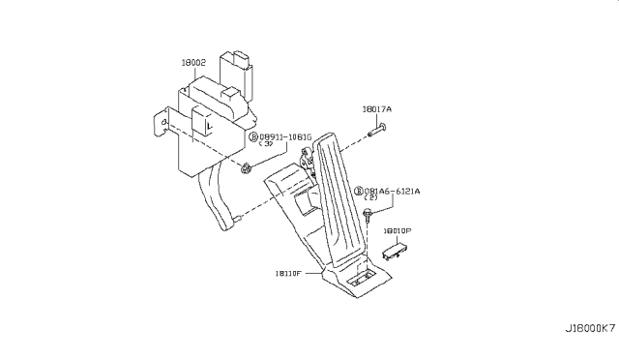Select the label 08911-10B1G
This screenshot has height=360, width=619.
point(285,137)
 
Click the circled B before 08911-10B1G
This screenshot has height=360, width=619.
point(254,137)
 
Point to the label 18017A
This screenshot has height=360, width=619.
point(378,109)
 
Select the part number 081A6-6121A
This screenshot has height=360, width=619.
point(393,191)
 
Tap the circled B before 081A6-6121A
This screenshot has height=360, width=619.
point(359,191)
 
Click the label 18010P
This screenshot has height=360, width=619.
point(397,231)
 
